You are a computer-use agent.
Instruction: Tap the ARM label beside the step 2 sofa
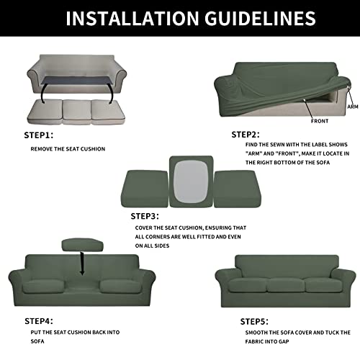tap(351, 106)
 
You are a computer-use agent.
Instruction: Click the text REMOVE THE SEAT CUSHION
tap(68, 149)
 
